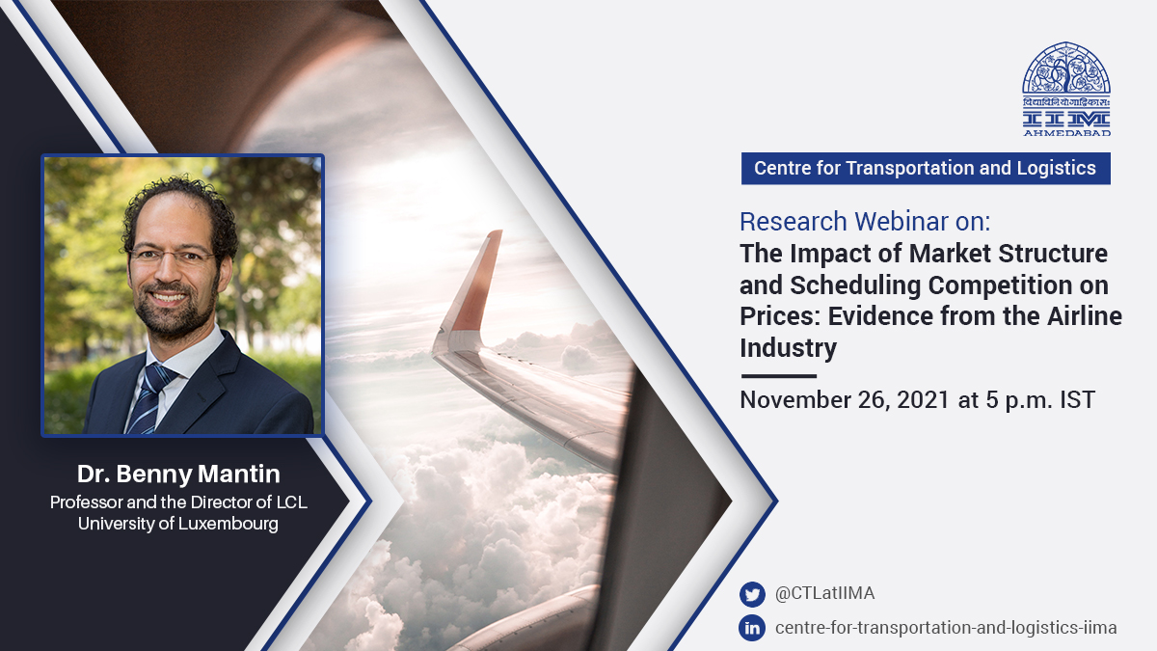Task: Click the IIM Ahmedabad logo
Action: point(1066,89)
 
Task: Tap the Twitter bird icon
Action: point(752,594)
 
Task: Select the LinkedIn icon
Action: point(752,628)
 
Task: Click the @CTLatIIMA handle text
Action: point(825,593)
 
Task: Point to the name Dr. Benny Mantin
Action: point(178,474)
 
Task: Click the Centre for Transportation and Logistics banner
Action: point(926,169)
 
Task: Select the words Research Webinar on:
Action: point(865,222)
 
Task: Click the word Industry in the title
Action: point(789,348)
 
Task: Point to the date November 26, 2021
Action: point(845,400)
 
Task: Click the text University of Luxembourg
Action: point(178,524)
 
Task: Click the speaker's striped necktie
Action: point(149,399)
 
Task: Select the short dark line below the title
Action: point(778,376)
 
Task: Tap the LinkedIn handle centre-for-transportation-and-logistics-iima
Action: point(946,628)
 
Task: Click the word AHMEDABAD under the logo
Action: point(1067,133)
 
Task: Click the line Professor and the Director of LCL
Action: point(178,502)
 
